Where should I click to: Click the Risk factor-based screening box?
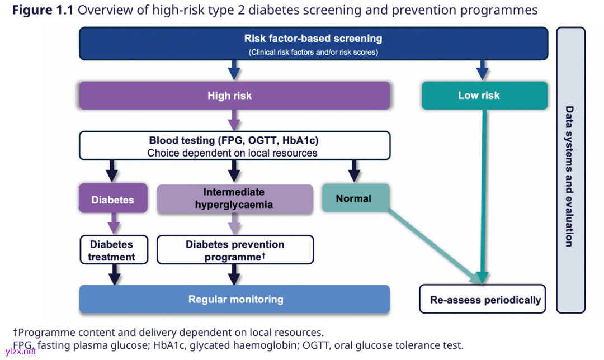coord(313,44)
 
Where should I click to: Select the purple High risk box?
coord(234,96)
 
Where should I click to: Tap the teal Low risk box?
coord(484,96)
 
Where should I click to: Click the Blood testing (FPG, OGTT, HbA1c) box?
coord(234,145)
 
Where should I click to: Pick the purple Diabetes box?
coord(113,198)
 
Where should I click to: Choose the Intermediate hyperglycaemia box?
coord(235,198)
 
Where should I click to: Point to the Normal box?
coord(355,198)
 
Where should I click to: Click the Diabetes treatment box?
coord(112,250)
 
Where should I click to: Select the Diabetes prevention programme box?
coord(235,250)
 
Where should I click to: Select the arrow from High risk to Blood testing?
coord(234,120)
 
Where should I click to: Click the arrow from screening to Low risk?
coord(482,70)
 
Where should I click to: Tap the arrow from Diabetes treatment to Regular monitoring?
coord(114,274)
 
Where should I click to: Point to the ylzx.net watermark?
coord(20,351)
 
